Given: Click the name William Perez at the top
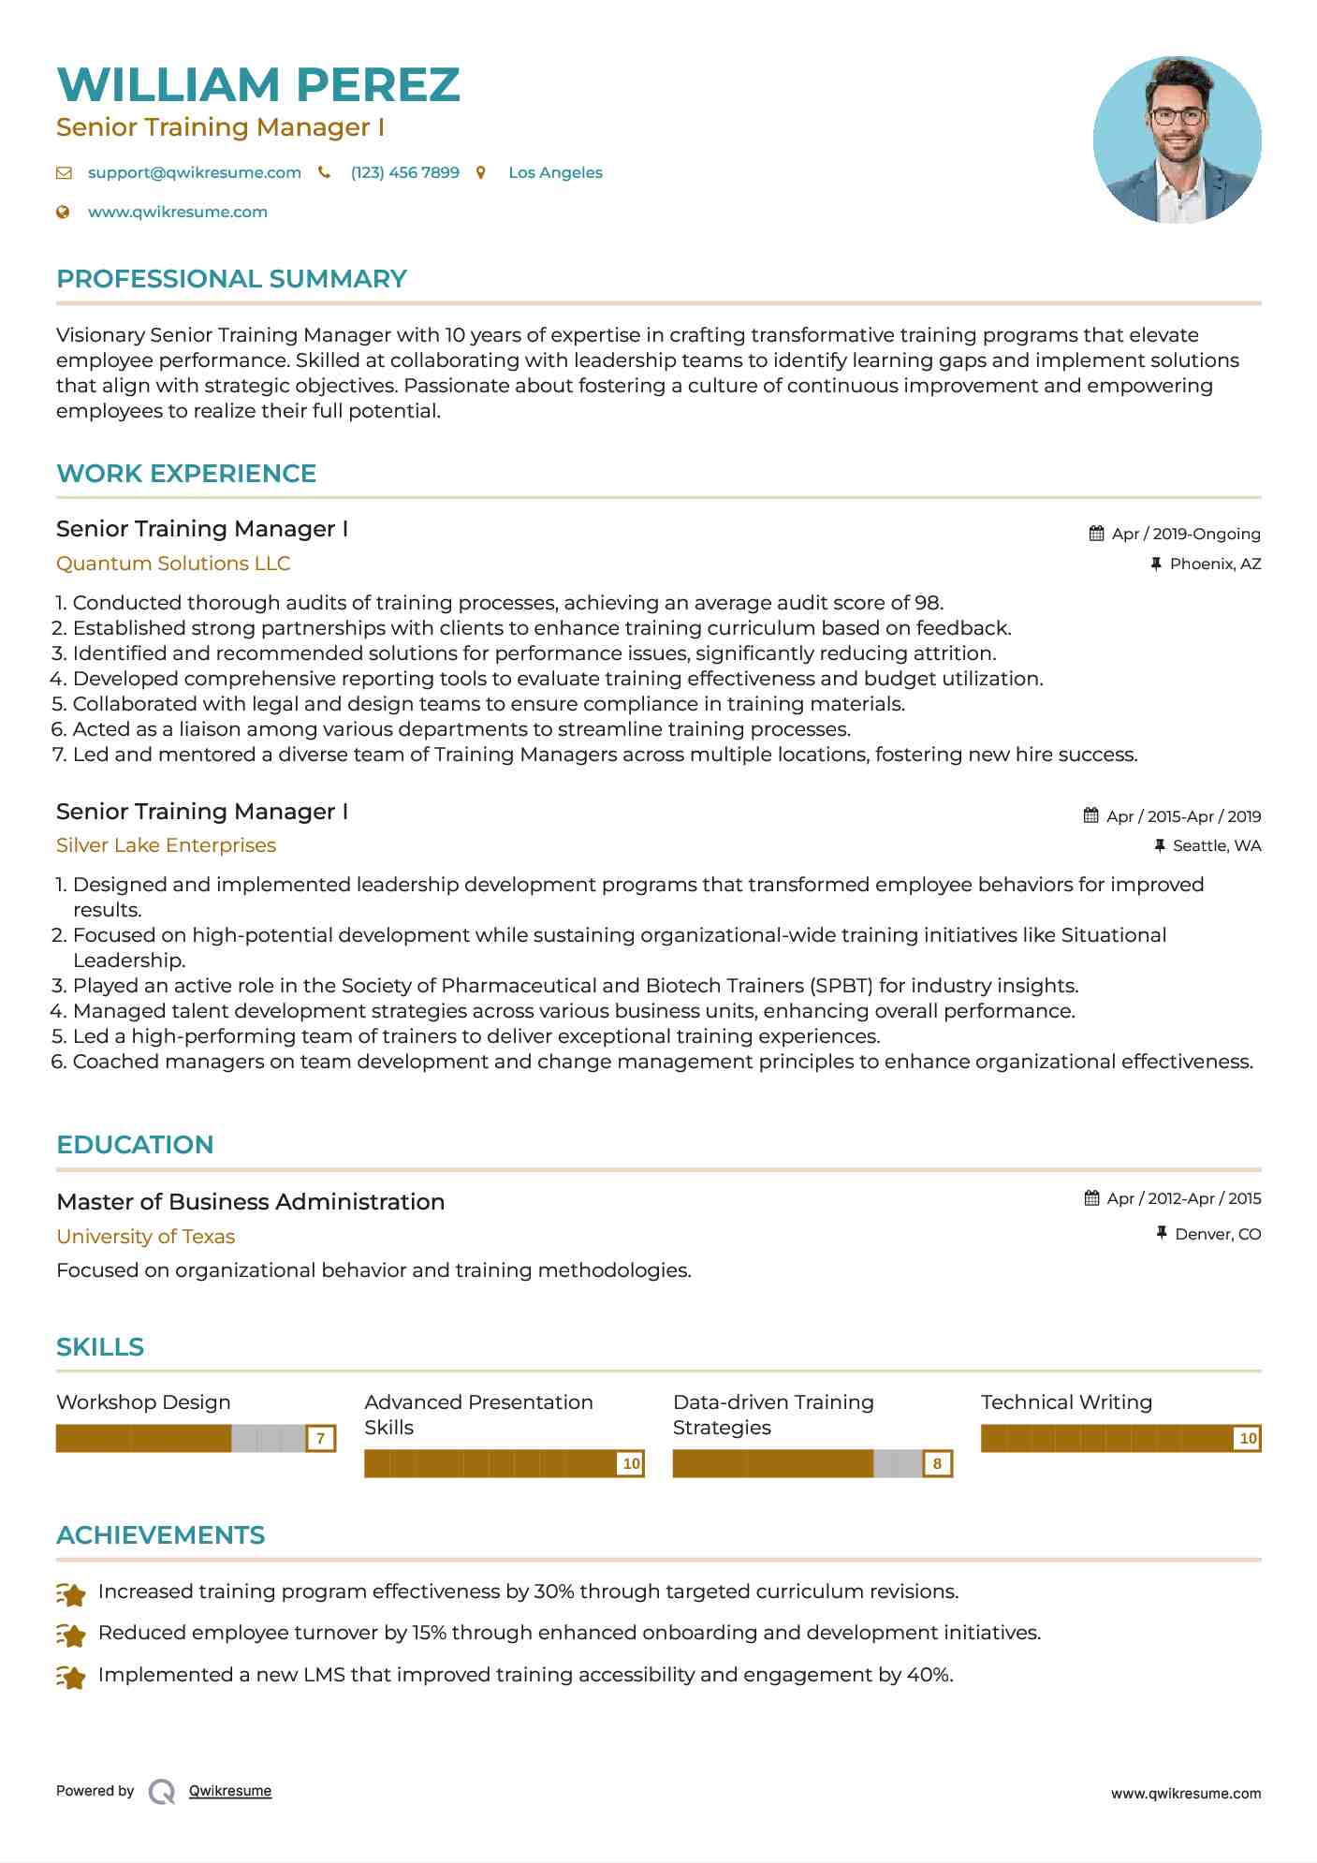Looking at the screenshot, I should click(258, 85).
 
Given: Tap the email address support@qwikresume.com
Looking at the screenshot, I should click(194, 172).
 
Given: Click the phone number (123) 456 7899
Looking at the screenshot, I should click(404, 172).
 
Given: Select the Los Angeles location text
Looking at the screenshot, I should click(555, 172).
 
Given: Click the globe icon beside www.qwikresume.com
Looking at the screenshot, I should click(64, 212).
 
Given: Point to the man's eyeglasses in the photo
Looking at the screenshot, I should click(1177, 117).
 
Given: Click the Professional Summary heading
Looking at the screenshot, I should click(231, 279).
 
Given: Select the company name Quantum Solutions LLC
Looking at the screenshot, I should click(173, 564).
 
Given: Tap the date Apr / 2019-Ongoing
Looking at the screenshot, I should click(1185, 534).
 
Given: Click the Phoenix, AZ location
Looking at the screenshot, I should click(1215, 564).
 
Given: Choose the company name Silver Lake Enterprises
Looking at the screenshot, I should click(166, 845).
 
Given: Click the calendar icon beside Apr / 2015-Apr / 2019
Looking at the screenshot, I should click(1090, 815).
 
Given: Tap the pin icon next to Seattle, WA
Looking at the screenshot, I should click(1160, 845).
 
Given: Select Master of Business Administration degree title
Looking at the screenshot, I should click(250, 1202).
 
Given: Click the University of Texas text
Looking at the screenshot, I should click(145, 1237).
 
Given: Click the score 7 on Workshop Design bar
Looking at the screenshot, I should click(320, 1438).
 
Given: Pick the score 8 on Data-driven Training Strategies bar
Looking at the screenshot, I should click(937, 1463).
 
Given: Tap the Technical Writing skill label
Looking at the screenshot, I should click(1066, 1402).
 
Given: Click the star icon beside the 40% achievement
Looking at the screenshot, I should click(71, 1676).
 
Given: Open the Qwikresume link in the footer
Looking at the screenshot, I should click(229, 1791).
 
